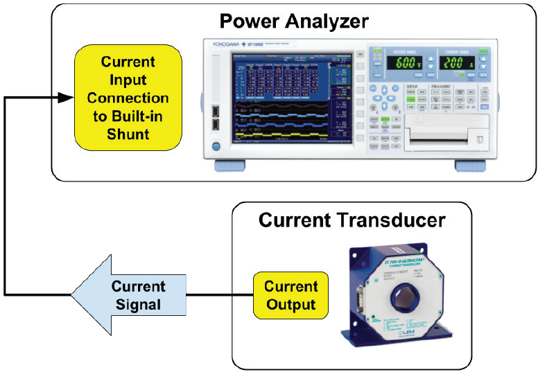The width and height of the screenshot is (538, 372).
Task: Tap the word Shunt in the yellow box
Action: (128, 134)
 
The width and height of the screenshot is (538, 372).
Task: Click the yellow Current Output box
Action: (290, 295)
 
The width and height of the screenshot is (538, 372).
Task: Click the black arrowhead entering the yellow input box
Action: (64, 98)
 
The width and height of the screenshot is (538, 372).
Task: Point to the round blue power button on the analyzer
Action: (216, 147)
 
